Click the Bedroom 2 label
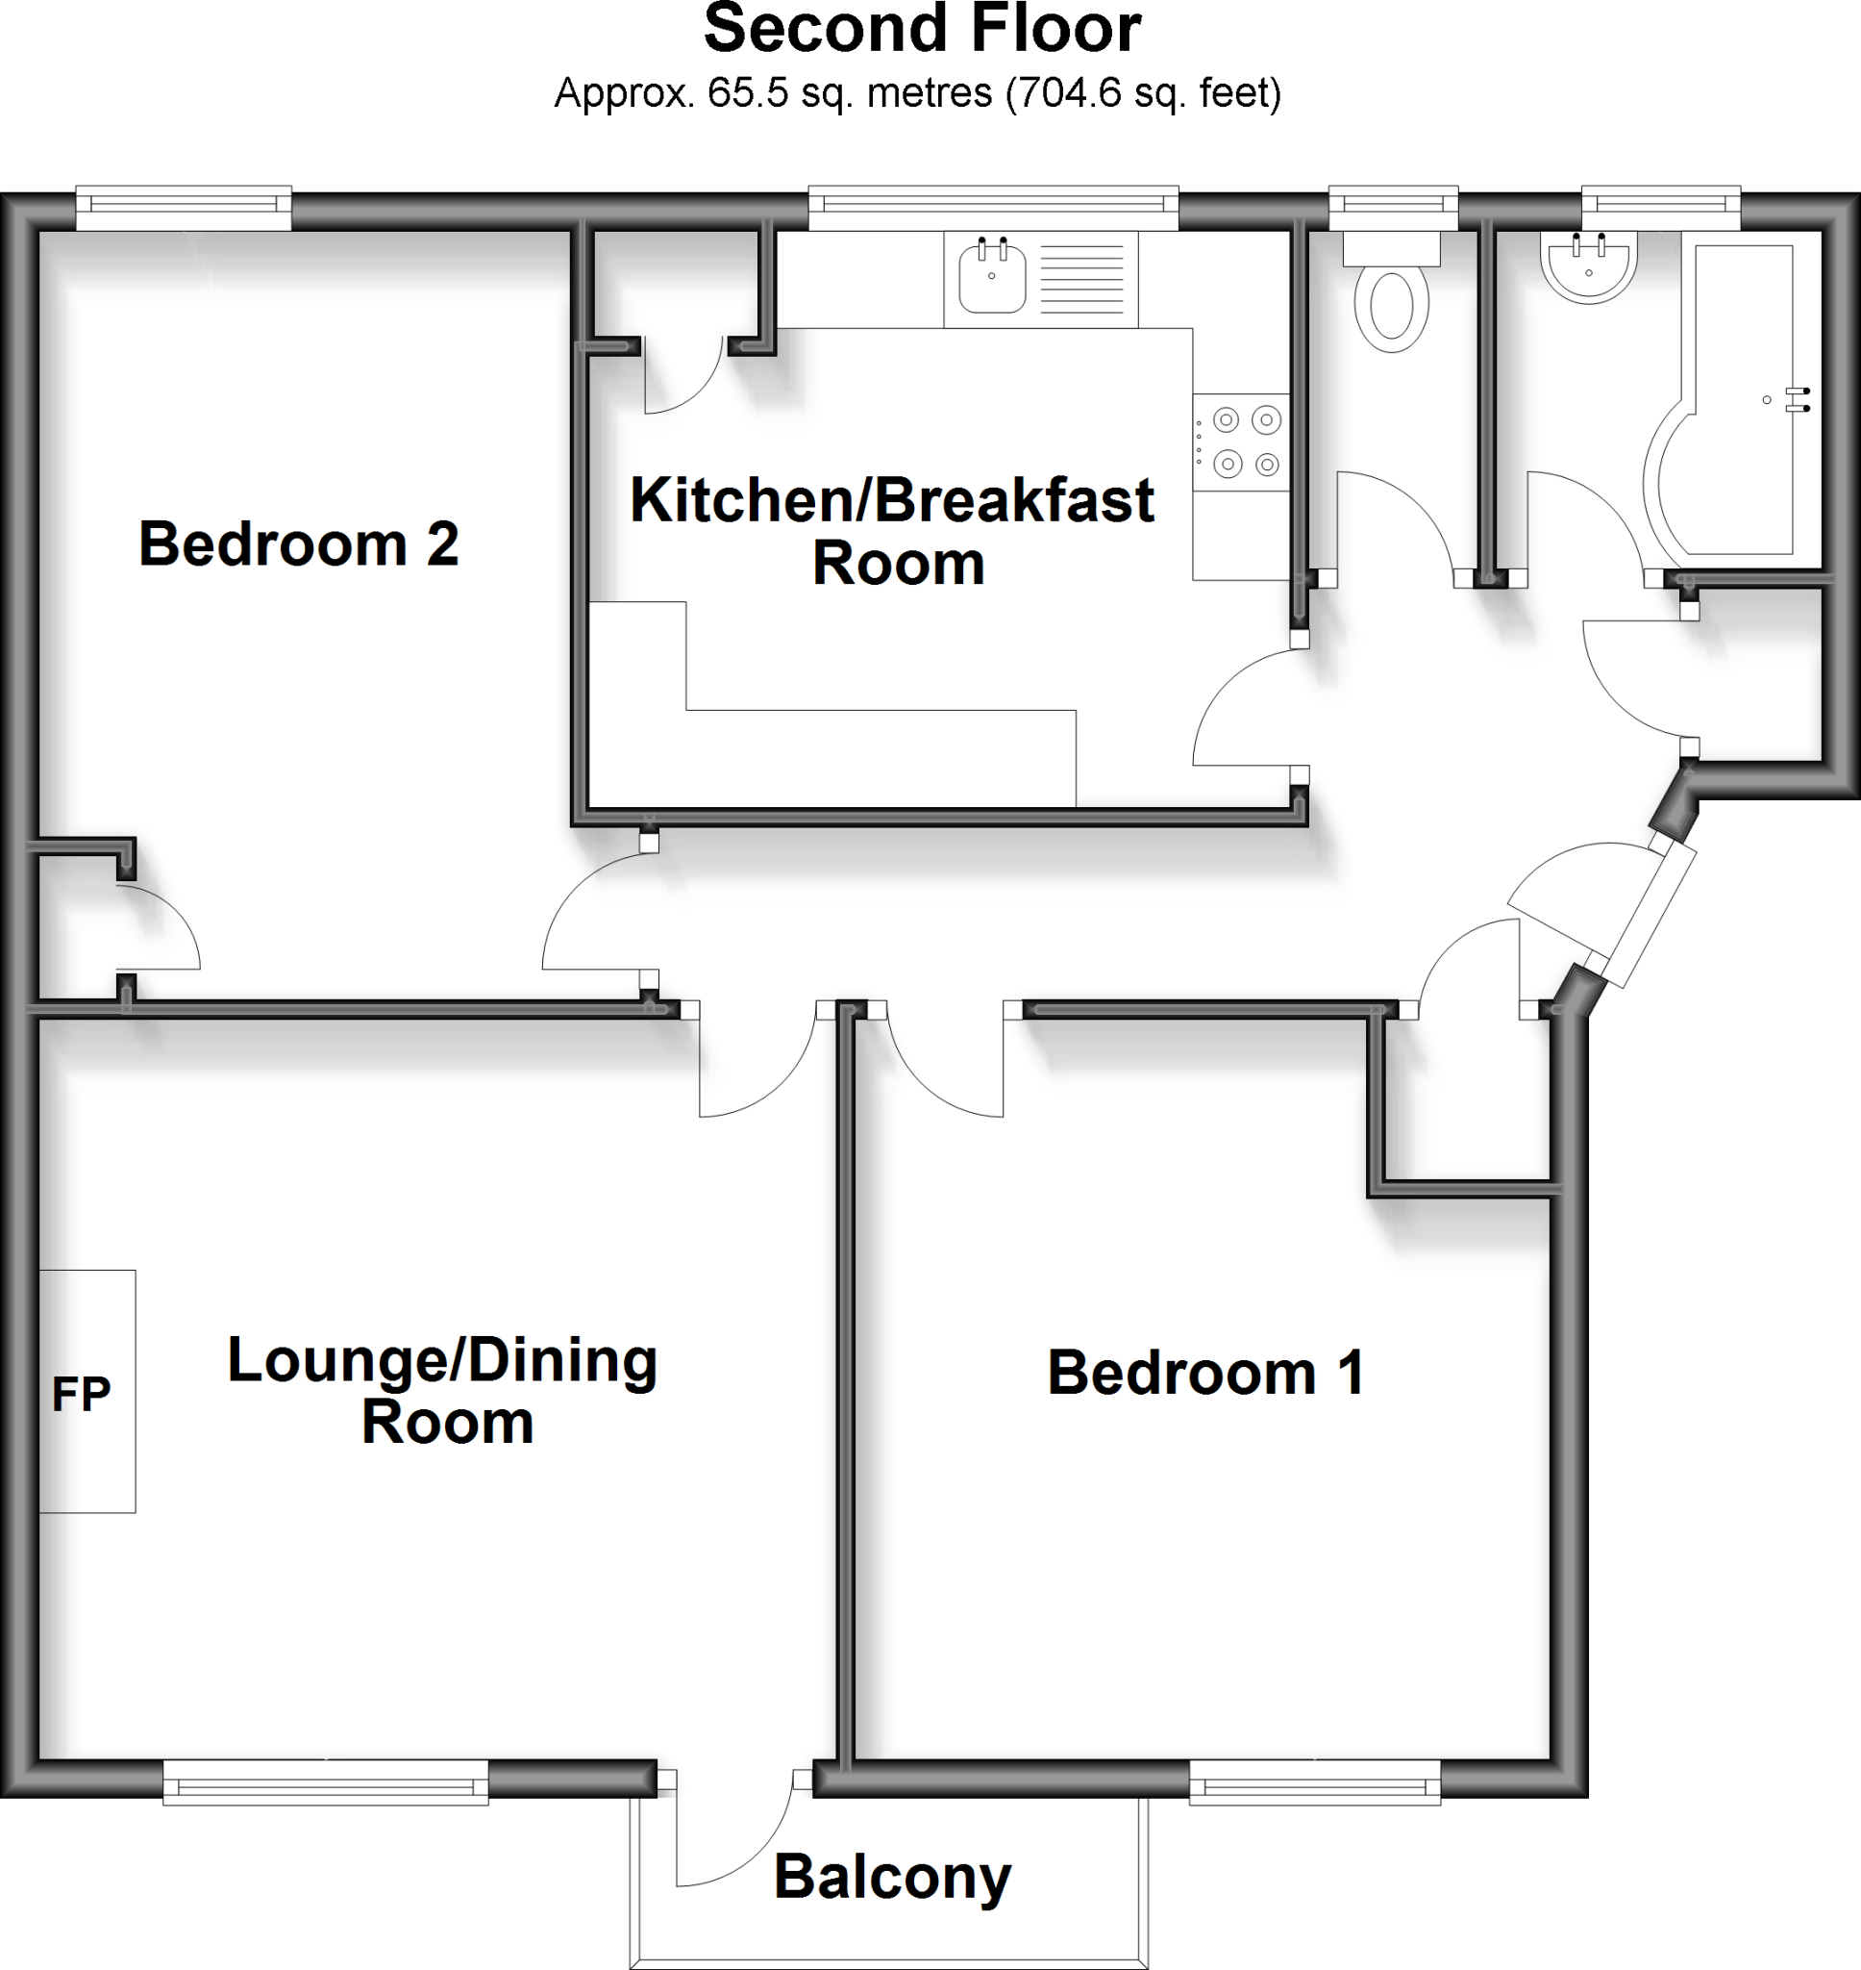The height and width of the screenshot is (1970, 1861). [298, 544]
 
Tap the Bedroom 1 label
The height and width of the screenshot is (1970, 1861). [1205, 1374]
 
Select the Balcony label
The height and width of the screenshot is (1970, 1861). [892, 1878]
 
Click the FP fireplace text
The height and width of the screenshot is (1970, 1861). [82, 1395]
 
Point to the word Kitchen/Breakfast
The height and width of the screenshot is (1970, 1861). [891, 500]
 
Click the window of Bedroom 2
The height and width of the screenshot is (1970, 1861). [184, 205]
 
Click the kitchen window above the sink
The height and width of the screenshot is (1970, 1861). [993, 205]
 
